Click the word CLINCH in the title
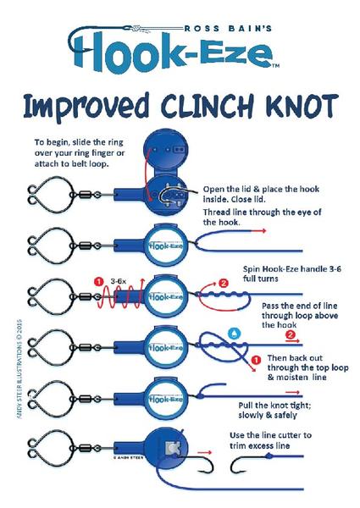[207, 106]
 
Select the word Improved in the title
[86, 107]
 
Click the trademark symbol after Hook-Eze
[275, 66]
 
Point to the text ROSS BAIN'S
[228, 29]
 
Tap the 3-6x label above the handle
[118, 281]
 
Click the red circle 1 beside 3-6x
[99, 281]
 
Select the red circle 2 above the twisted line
[224, 283]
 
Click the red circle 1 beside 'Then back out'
[256, 360]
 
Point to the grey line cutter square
[172, 448]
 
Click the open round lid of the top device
[165, 152]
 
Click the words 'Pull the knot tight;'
[274, 406]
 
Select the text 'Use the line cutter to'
[270, 435]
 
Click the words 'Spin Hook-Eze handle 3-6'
[292, 269]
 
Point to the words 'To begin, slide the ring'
[79, 142]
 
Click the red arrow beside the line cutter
[204, 452]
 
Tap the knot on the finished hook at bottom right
[269, 456]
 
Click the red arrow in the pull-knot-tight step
[293, 392]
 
